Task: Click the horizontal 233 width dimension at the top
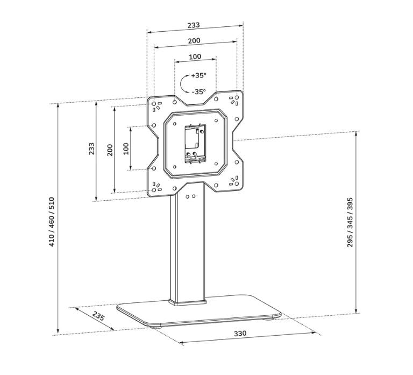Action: [194, 25]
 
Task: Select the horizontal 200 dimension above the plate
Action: [194, 41]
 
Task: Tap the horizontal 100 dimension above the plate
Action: [195, 56]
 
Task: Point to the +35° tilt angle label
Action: [198, 75]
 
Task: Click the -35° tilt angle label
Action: [198, 91]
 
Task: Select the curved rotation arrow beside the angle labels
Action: [184, 83]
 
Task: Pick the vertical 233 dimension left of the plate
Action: [91, 149]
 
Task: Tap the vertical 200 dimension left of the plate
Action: [110, 149]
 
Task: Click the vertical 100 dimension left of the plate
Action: [126, 148]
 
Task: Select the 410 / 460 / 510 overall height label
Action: [52, 222]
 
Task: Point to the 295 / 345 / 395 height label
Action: [350, 222]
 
